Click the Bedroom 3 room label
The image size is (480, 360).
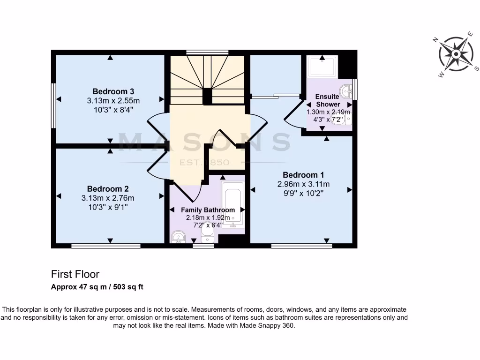(x=113, y=91)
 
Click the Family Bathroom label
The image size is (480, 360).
(x=208, y=210)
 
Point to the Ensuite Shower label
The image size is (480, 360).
(x=328, y=100)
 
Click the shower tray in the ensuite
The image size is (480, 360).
(x=322, y=67)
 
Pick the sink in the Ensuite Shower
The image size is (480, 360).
(x=346, y=90)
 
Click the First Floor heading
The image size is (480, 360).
(x=75, y=274)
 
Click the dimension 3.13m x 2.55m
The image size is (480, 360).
(x=113, y=101)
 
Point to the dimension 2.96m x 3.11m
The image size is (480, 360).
(x=303, y=184)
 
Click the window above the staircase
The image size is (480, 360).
(x=207, y=52)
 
